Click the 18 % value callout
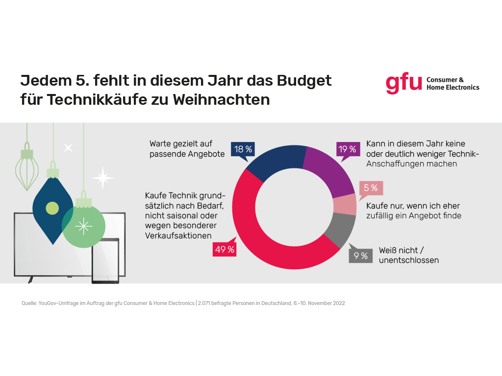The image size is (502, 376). tap(243, 149)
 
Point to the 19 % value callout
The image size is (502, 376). tap(347, 149)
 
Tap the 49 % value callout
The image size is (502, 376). tap(224, 250)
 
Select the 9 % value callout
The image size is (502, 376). tap(360, 256)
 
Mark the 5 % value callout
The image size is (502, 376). tap(371, 188)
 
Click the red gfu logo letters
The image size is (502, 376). tap(403, 84)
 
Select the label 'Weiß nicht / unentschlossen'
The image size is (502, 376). tap(408, 255)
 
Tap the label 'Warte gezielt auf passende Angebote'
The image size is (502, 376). tap(187, 149)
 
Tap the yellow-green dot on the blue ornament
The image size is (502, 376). tap(52, 208)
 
